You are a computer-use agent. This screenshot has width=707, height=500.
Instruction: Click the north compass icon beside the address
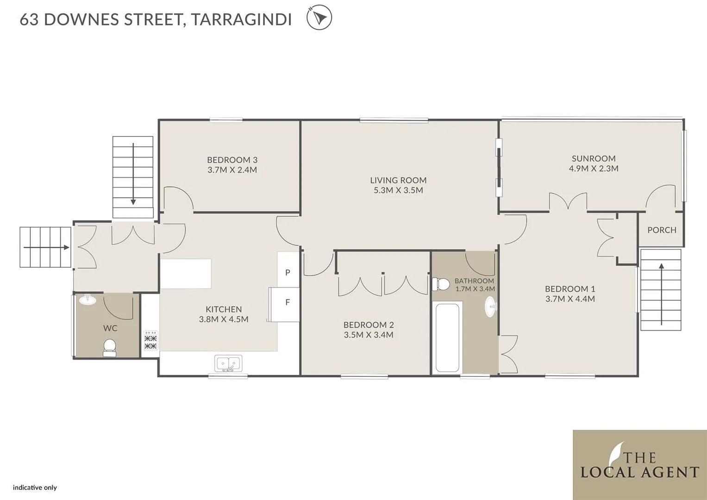319,18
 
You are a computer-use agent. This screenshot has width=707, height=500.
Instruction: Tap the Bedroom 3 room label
232,160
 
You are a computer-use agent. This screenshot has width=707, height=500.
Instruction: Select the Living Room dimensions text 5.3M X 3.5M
398,190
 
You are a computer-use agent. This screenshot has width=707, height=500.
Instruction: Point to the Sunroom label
593,158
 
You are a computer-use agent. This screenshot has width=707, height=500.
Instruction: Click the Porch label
662,230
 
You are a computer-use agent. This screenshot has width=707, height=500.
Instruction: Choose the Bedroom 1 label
569,289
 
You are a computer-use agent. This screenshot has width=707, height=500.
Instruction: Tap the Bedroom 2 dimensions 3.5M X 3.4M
369,335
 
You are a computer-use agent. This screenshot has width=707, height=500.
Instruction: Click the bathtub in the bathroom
447,337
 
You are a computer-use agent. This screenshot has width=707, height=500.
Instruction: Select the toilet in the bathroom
441,284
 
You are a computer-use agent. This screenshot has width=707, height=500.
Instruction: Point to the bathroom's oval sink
490,306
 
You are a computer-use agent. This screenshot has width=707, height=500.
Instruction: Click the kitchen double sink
228,363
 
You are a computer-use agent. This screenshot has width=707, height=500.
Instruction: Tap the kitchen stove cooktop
150,340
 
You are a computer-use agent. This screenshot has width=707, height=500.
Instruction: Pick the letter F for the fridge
288,302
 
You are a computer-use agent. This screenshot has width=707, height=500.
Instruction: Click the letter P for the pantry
288,273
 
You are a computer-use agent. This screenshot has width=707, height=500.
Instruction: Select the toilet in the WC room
110,347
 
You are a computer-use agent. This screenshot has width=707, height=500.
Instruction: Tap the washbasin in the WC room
88,300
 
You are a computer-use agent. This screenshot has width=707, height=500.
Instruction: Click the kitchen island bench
186,274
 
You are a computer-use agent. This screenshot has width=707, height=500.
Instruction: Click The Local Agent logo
639,465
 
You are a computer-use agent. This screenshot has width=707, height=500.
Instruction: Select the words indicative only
35,487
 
